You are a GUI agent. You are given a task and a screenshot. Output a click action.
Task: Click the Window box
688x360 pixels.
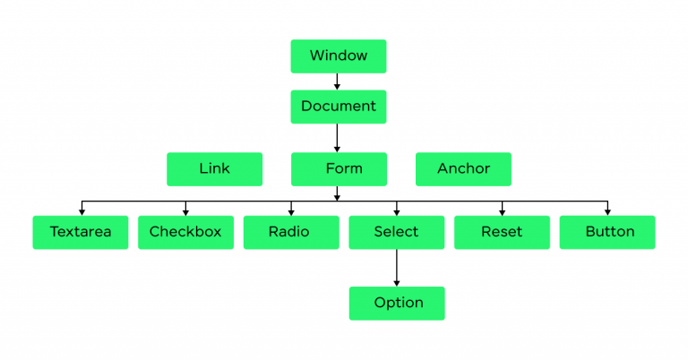(339, 56)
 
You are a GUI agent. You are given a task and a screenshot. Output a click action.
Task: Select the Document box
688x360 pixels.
(339, 107)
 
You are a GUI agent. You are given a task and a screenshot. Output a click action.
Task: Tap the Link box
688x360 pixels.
(215, 169)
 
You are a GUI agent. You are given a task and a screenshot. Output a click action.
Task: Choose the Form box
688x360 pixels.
(339, 169)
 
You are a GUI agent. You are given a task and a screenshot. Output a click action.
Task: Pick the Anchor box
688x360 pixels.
(463, 169)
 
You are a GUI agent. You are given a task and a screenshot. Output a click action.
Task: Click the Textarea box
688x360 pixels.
(81, 233)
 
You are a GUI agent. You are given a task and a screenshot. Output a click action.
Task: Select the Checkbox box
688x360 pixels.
(185, 233)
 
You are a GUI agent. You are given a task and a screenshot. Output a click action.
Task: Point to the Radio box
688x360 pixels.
(291, 233)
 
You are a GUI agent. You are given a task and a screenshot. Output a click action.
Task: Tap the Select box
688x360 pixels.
(396, 233)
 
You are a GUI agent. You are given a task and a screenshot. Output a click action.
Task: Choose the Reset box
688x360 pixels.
(502, 233)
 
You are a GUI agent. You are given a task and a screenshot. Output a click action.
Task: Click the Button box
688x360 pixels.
(607, 233)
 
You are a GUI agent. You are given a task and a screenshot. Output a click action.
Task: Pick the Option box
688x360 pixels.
(397, 304)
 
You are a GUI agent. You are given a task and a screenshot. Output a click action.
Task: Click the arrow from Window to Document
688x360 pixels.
(337, 81)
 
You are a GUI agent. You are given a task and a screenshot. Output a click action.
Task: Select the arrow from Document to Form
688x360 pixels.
(337, 138)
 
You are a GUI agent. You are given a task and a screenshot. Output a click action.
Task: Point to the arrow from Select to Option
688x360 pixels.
(397, 268)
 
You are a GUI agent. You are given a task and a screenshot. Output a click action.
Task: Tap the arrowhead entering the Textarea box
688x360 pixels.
(82, 212)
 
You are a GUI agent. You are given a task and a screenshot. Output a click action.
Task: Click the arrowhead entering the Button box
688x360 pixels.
(607, 212)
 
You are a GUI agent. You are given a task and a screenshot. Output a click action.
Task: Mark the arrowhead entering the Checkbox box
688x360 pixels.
(185, 212)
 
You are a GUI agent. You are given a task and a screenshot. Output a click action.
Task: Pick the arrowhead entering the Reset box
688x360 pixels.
(502, 212)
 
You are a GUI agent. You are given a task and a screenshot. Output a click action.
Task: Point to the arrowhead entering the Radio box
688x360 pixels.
(291, 212)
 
